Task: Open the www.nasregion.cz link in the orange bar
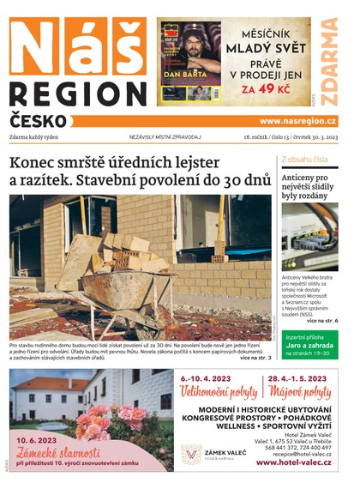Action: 297,121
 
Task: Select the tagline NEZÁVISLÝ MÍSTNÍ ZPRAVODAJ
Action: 165,136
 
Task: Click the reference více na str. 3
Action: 255,357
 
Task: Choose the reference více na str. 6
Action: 322,320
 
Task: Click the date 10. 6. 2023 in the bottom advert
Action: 42,441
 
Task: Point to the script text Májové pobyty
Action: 299,393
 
